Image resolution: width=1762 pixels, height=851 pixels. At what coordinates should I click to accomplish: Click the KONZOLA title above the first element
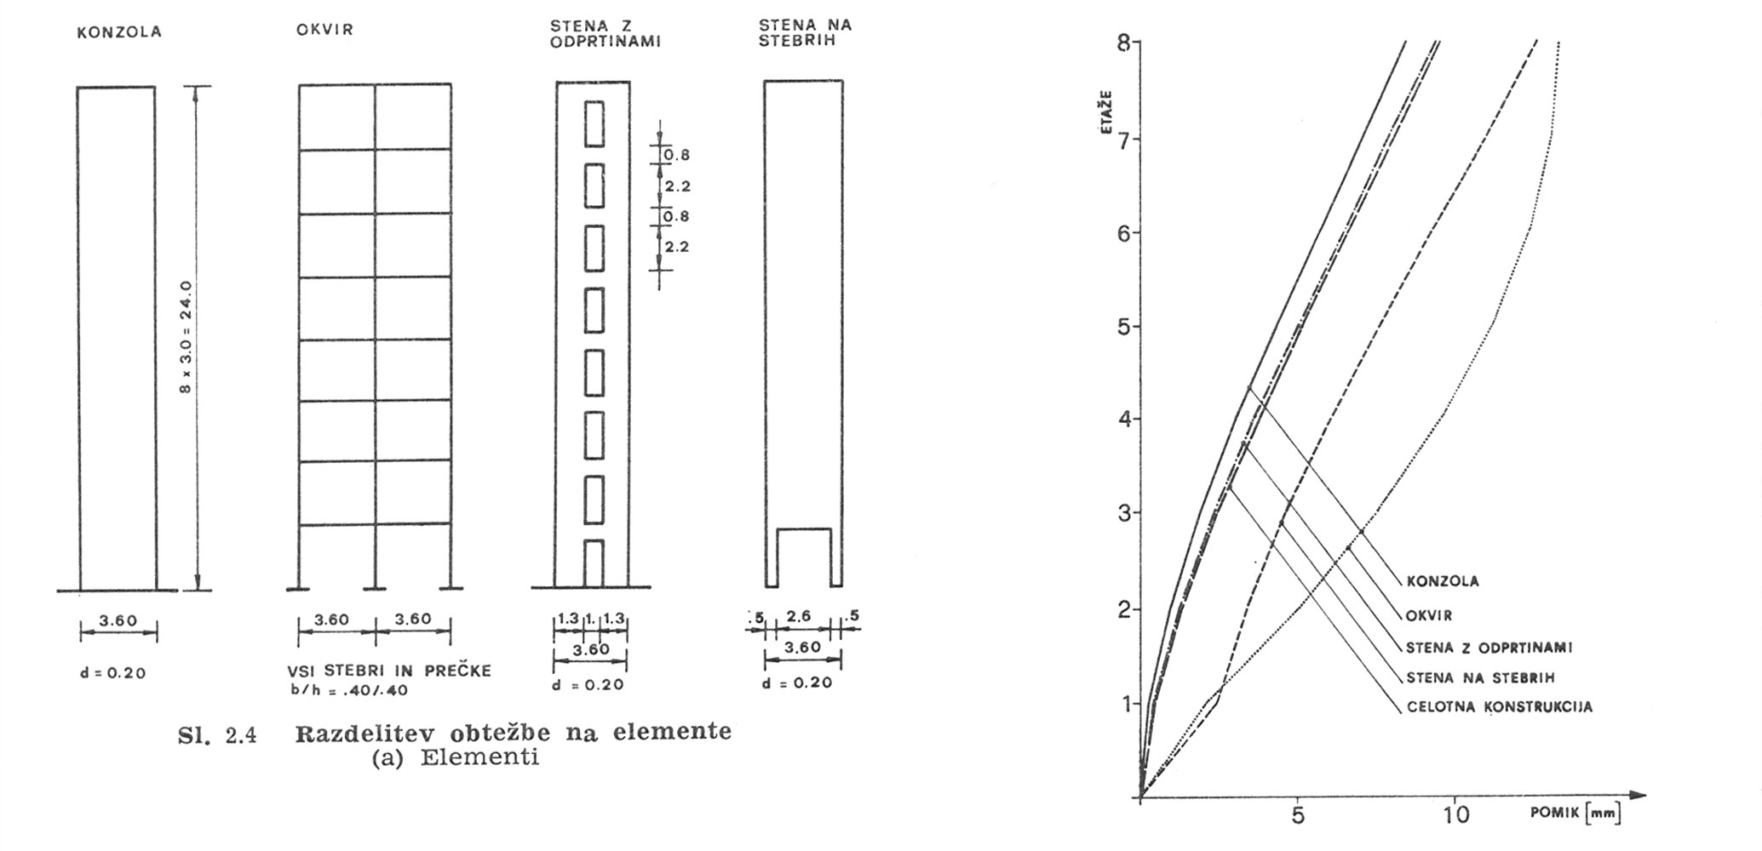(x=118, y=33)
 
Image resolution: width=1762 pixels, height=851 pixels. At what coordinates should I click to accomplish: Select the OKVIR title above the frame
(x=324, y=31)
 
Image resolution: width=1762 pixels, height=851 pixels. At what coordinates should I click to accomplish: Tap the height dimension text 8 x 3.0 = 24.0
(x=185, y=337)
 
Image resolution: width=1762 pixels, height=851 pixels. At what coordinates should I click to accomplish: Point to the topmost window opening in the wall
(x=594, y=123)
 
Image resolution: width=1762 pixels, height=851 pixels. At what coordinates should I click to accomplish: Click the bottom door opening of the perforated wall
(x=594, y=563)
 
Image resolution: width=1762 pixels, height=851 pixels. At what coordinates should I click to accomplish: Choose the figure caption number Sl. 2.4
(x=217, y=735)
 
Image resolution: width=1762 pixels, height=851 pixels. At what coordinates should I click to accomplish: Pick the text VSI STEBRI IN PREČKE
(x=389, y=671)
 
